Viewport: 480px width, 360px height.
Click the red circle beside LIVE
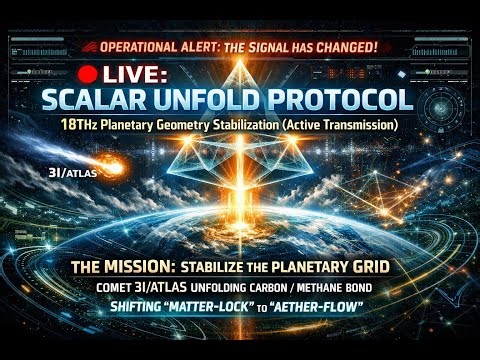[x=88, y=74]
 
